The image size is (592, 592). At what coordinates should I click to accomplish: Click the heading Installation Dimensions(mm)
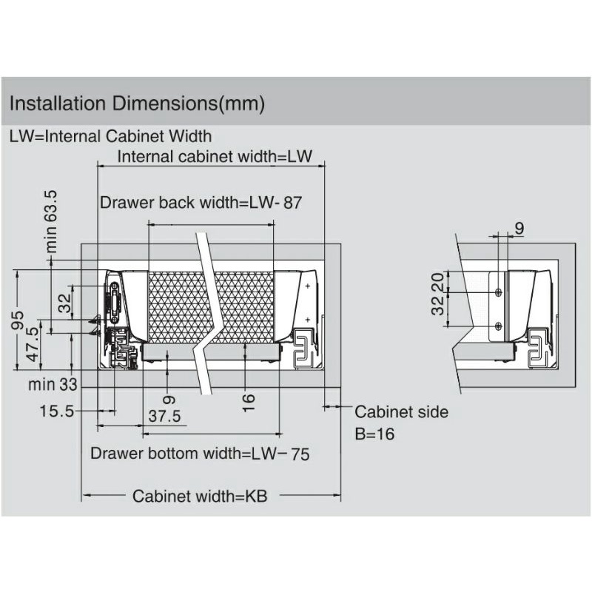[137, 104]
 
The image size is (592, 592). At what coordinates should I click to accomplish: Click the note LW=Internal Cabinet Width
[110, 136]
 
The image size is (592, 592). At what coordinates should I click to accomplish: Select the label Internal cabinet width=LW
[215, 157]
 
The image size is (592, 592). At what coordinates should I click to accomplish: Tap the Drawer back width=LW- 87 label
[201, 203]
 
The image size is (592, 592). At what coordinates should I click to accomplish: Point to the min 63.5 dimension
[51, 221]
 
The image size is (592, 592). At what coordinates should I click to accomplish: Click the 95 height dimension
[18, 320]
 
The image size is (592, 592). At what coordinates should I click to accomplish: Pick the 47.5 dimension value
[33, 344]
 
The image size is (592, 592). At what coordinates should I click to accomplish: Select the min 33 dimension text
[53, 385]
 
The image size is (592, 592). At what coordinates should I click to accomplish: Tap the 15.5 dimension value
[57, 411]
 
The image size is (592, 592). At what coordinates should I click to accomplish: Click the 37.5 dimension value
[164, 417]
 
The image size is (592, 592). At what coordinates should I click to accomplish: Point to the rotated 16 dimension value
[249, 403]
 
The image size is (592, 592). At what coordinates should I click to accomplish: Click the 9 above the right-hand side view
[519, 229]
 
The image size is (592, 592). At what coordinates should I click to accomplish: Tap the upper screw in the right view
[498, 292]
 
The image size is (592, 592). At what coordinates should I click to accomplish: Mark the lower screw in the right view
[498, 326]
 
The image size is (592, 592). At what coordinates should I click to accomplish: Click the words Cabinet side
[401, 412]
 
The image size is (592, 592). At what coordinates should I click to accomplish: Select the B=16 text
[374, 434]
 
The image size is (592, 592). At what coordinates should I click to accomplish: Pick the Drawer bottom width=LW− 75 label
[200, 454]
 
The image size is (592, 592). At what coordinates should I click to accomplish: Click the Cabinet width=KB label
[200, 496]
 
